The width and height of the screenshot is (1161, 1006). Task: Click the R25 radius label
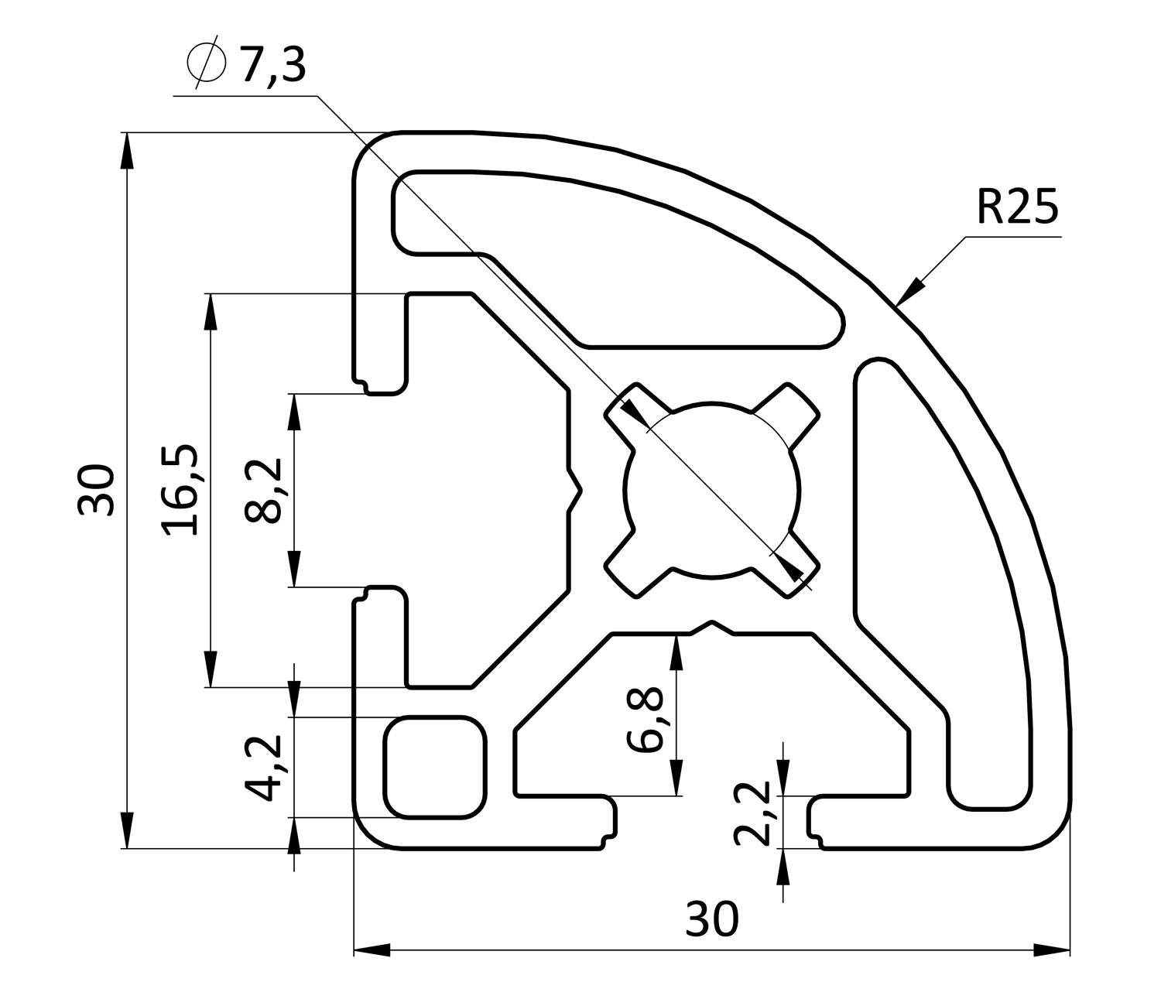coord(1017,206)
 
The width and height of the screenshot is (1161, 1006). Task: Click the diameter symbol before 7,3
coord(206,63)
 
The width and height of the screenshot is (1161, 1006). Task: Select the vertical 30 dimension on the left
coord(95,489)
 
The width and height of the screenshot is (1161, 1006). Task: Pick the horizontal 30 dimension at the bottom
coord(711,919)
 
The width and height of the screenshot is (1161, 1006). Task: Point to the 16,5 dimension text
coord(180,490)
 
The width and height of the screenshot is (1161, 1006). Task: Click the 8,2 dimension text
coord(263,491)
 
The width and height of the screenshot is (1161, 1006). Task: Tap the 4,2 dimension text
coord(263,768)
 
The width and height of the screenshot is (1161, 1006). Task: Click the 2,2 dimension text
coord(752,813)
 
